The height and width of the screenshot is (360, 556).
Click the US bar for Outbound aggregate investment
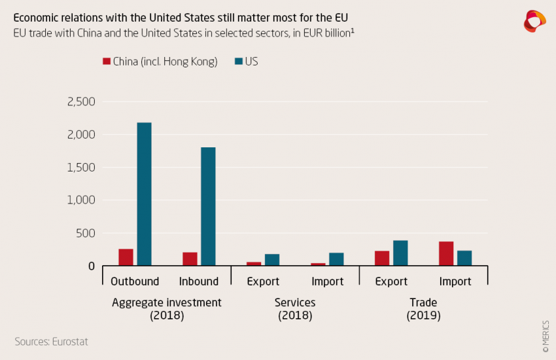(144, 194)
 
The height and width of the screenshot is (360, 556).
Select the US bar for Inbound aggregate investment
(208, 206)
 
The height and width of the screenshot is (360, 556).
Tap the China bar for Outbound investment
(126, 257)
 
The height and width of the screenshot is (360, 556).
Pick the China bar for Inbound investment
(190, 259)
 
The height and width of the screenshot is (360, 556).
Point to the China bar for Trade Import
(446, 253)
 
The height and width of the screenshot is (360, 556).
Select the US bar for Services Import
(336, 259)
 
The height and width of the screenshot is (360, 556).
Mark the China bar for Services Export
(254, 264)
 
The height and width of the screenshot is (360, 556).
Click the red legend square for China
(107, 62)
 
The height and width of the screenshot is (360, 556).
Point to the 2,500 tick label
(81, 102)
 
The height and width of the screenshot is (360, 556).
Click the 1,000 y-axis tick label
(81, 200)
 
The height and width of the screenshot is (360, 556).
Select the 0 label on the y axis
(92, 266)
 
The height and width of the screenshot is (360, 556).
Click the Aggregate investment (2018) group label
(167, 309)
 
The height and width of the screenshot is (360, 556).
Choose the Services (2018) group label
(295, 309)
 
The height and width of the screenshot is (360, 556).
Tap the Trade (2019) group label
(423, 309)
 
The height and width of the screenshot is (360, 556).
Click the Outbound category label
(135, 281)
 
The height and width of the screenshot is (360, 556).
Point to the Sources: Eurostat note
(51, 342)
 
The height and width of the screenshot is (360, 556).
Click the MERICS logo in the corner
(534, 21)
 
